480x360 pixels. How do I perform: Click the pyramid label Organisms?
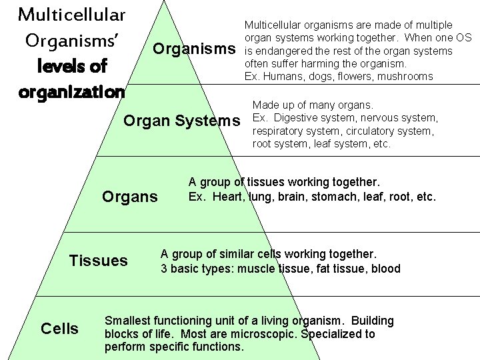194,49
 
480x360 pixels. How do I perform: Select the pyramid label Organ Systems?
182,121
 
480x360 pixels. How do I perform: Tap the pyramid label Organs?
129,197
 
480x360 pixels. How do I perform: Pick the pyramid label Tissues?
98,261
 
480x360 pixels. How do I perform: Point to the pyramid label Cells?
59,329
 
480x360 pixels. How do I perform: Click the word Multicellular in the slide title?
72,13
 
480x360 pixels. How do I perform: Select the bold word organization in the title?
72,91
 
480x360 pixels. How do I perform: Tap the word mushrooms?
405,77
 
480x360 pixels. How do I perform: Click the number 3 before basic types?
164,269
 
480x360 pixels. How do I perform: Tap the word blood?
385,269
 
